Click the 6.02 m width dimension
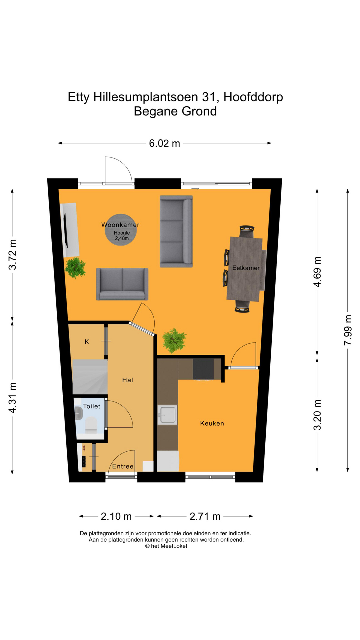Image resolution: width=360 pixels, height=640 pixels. click(164, 143)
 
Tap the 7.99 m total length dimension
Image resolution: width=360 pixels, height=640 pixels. click(348, 330)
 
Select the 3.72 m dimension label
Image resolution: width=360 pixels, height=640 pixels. click(12, 254)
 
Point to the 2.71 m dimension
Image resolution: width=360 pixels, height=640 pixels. click(205, 516)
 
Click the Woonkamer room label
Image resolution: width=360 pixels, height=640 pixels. click(120, 225)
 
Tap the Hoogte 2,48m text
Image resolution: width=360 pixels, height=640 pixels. click(122, 236)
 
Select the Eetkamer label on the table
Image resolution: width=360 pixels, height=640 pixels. click(246, 268)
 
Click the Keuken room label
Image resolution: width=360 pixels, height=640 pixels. click(212, 423)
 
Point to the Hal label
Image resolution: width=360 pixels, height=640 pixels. click(128, 380)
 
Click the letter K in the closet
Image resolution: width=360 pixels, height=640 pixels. click(87, 342)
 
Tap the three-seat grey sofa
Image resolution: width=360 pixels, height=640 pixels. click(176, 231)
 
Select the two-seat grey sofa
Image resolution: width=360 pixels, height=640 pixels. click(122, 284)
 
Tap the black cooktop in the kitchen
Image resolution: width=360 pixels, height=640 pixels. click(203, 369)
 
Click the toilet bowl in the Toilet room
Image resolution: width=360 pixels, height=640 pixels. click(91, 425)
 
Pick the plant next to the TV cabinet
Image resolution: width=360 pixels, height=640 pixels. click(75, 267)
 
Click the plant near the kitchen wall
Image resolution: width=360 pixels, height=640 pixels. click(174, 340)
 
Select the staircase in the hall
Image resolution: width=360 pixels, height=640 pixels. click(90, 377)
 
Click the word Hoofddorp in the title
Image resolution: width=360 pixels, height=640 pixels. click(253, 97)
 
